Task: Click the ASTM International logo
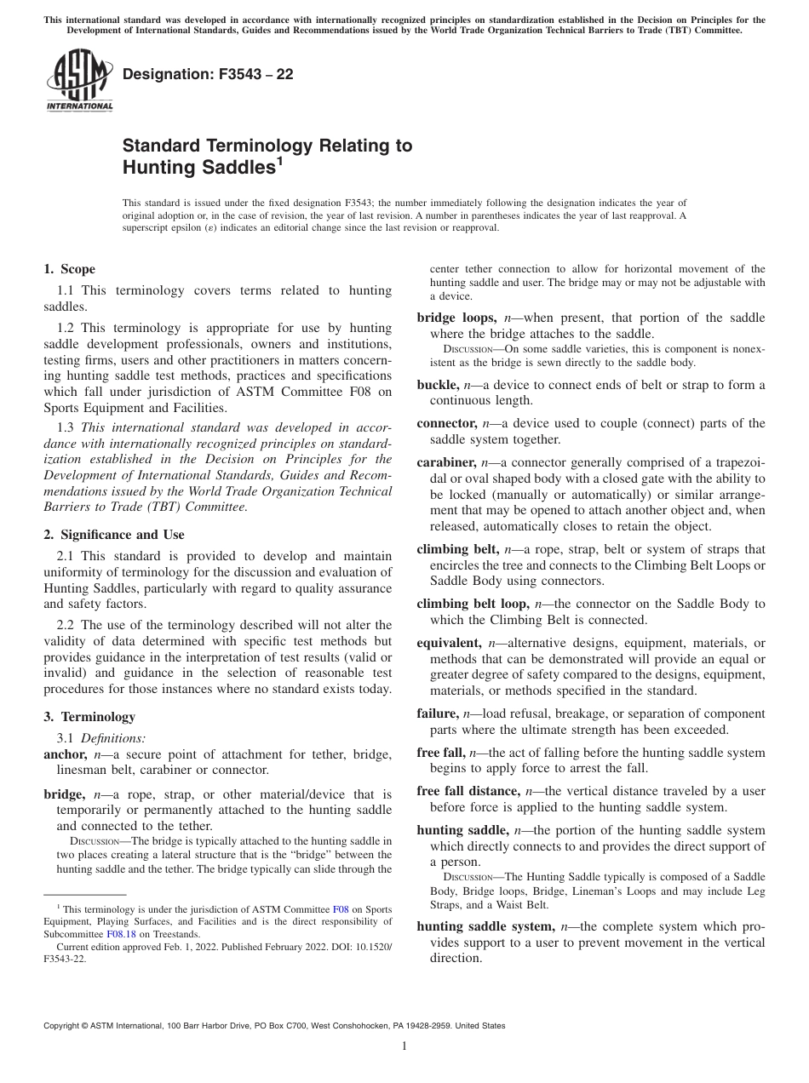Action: point(78,82)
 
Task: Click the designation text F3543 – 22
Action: point(209,74)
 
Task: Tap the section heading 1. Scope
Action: point(69,270)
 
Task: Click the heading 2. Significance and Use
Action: point(113,535)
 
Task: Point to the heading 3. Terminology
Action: point(89,717)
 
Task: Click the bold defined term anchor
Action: point(65,754)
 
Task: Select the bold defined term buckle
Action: point(437,385)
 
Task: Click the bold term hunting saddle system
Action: point(485,925)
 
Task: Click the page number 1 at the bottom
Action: point(404,1046)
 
